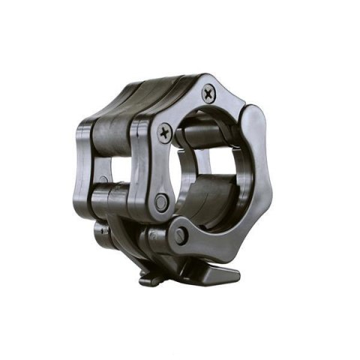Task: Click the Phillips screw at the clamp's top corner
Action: point(208,93)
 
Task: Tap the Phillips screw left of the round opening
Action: point(163,134)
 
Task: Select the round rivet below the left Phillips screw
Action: point(160,202)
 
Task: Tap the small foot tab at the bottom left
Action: point(148,280)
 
